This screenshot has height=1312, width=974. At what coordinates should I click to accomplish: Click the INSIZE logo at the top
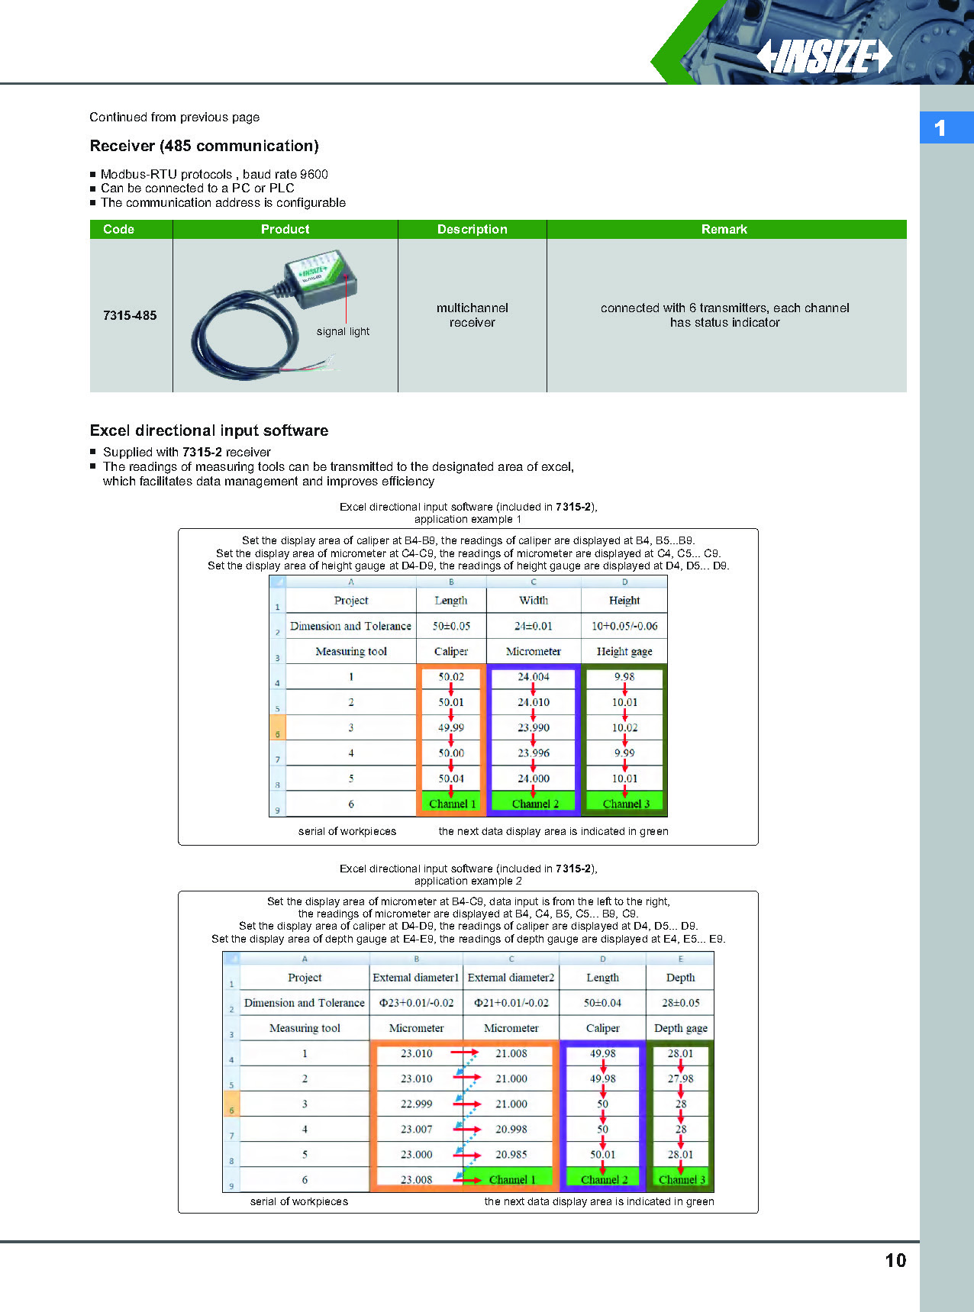coord(824,56)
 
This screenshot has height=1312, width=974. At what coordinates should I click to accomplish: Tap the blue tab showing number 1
coord(945,127)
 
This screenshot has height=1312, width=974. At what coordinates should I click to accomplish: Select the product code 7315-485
coord(130,315)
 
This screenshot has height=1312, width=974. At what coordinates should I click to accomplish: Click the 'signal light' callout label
coord(343,331)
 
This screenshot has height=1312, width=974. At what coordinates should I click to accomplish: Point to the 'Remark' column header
coord(724,229)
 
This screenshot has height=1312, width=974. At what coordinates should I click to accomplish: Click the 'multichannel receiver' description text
coord(472,315)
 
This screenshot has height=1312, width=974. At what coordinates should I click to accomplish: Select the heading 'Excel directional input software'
coord(209,430)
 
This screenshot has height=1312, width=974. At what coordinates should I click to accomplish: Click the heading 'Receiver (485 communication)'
coord(204,146)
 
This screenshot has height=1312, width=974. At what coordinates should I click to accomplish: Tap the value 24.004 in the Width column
coord(533,677)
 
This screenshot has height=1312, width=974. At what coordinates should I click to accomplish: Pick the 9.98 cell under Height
coord(624,677)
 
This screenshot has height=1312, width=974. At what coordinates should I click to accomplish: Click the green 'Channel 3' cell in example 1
coord(626,804)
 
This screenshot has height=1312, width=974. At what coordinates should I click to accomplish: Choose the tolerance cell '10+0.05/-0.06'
coord(624,626)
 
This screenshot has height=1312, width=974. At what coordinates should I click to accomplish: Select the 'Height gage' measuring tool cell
coord(624,652)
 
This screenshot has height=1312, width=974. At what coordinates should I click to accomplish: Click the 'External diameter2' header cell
coord(511,978)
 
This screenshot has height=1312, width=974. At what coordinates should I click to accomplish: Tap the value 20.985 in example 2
coord(511,1155)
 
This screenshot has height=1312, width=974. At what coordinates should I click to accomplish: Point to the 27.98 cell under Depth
coord(680,1078)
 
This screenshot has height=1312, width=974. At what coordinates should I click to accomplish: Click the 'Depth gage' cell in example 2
coord(680,1028)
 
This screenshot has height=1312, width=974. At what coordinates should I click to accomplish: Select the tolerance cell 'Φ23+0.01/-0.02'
coord(416,1003)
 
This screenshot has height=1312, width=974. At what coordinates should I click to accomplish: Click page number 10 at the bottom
coord(895,1260)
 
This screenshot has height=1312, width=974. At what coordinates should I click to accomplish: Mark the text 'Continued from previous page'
coord(174,117)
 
